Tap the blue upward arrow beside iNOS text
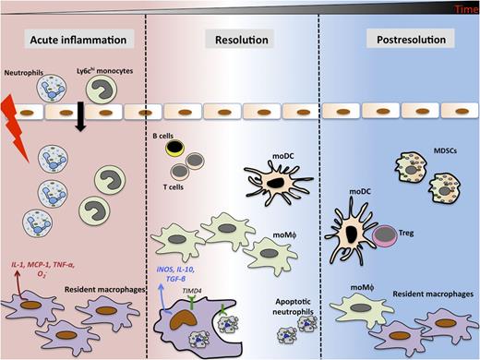162,295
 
